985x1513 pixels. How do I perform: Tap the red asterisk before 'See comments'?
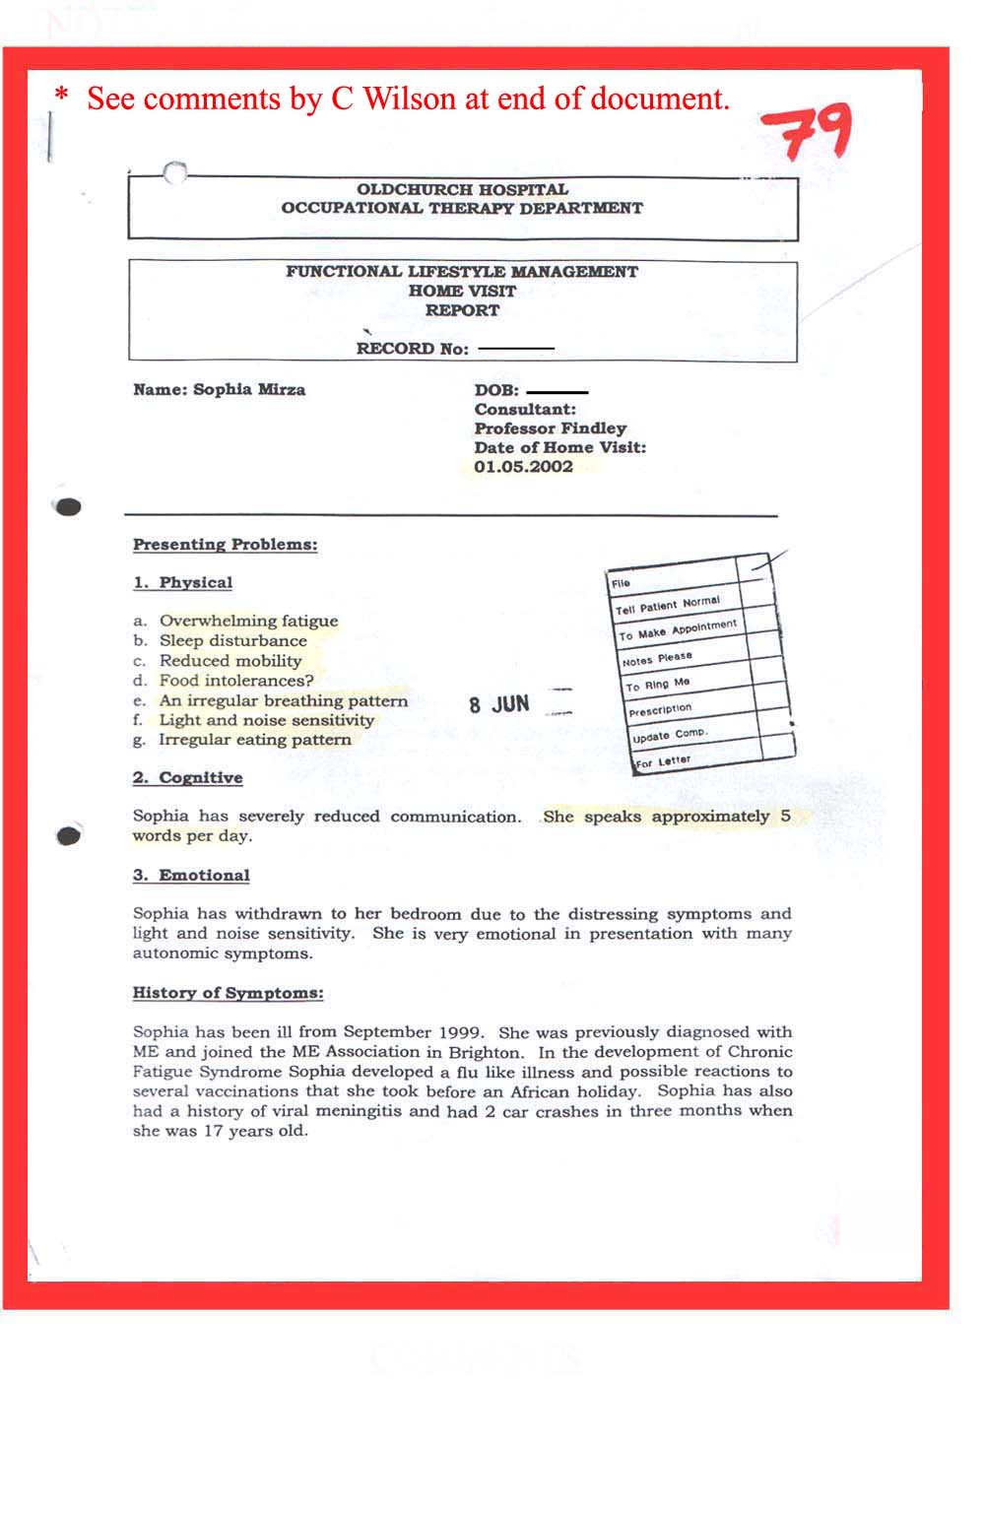(62, 97)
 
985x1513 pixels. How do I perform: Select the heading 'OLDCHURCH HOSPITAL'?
(462, 189)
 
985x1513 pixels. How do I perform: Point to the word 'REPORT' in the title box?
(462, 310)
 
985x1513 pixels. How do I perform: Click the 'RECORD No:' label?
(412, 349)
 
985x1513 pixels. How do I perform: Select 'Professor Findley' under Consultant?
(550, 428)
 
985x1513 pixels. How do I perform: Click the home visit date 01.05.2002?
(523, 467)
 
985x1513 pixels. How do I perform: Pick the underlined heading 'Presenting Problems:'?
(225, 545)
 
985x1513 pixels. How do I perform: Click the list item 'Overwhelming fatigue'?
(248, 621)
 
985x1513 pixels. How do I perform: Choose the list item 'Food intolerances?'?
(236, 681)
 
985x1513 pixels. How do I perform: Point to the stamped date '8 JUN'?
(499, 704)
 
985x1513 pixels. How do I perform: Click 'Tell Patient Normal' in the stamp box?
(668, 605)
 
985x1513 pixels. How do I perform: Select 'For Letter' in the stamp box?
(662, 761)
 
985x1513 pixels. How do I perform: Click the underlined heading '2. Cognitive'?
(187, 778)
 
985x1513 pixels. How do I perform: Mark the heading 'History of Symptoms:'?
(228, 993)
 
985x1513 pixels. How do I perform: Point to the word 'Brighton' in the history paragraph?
(478, 1052)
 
